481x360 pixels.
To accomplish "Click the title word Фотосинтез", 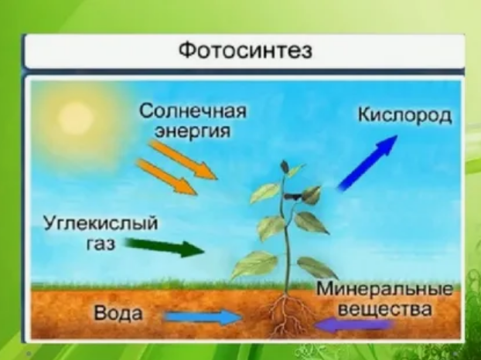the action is pos(245,50).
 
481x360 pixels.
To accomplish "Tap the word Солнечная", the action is pos(193,110).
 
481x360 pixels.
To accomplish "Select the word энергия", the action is pos(193,132).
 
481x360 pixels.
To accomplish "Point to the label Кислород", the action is pos(405,117).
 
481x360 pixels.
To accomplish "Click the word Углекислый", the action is pos(101,224).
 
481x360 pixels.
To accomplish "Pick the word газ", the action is pos(101,244).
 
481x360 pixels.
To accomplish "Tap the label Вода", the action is pos(118,313).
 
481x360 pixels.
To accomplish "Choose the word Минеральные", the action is pos(384,289).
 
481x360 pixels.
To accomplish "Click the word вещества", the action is pos(384,309).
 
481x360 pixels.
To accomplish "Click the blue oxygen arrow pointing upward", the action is pos(367,162).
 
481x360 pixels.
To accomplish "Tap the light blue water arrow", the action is pos(203,317).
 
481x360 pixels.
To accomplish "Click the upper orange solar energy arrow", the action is pos(183,159).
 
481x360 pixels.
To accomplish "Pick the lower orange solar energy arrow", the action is pos(166,177).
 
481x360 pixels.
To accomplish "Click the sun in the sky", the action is pos(76,117).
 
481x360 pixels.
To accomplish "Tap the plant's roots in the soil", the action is pos(288,315).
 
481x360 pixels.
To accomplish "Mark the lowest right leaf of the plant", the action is pos(316,267).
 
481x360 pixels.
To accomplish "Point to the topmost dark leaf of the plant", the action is pos(285,168).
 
